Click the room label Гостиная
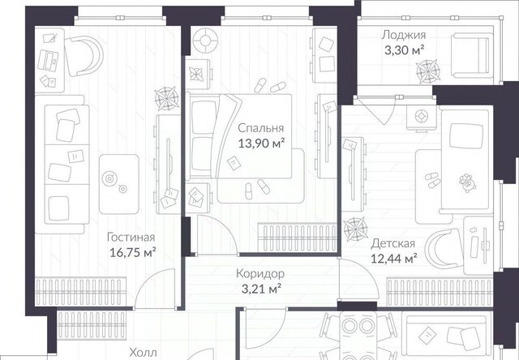coord(131,238)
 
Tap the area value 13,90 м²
coord(261,144)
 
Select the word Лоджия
coord(404,35)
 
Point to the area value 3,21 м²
coord(261,289)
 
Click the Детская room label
coord(392,243)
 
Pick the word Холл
coord(143,352)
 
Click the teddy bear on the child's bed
coord(467,182)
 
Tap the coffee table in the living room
coord(119,183)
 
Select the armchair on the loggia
coord(470,55)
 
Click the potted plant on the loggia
coord(427,71)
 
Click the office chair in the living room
coord(84,56)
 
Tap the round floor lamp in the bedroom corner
coord(205,41)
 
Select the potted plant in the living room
coord(167,98)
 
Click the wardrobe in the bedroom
coord(298,237)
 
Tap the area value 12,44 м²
coord(393,259)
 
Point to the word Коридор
coord(260,274)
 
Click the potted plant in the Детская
coord(355,229)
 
